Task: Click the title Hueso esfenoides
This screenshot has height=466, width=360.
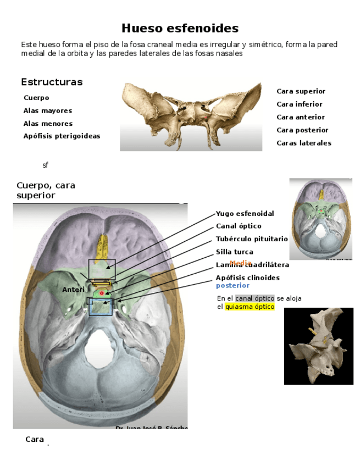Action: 180,28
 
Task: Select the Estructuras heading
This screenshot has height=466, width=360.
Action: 52,82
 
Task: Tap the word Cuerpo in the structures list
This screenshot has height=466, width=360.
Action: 36,98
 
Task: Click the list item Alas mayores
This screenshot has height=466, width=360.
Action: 47,111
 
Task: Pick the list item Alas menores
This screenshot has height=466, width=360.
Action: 48,124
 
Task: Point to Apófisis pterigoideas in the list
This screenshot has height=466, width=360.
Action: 62,136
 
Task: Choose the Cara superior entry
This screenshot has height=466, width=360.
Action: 301,91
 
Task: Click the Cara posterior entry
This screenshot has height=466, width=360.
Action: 302,130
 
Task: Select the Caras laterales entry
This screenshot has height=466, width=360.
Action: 303,143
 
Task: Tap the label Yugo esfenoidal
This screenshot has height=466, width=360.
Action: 245,213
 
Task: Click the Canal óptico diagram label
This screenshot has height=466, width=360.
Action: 239,226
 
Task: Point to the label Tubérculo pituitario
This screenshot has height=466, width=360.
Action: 251,239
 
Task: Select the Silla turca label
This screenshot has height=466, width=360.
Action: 234,252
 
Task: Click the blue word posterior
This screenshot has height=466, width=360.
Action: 232,285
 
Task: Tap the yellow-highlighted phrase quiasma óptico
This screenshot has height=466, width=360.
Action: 250,307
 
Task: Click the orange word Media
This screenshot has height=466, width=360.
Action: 240,263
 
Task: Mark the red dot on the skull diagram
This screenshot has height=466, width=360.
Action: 102,293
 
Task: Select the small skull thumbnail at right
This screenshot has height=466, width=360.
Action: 320,218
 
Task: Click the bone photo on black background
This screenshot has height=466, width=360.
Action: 318,346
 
